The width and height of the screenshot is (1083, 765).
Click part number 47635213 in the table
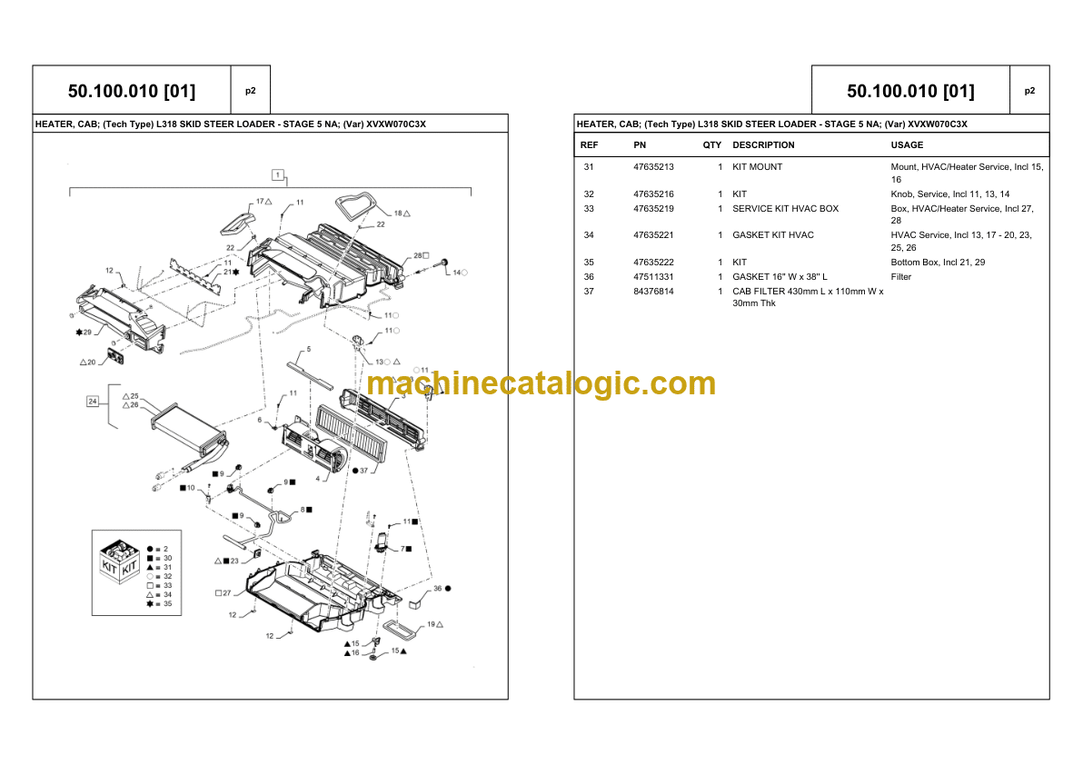[653, 167]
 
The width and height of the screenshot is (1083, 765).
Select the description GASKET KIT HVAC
[773, 235]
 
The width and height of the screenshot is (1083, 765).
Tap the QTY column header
[712, 145]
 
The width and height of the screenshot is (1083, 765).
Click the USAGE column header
[907, 145]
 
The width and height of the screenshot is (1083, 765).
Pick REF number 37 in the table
[589, 292]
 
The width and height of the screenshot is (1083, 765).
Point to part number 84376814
[653, 292]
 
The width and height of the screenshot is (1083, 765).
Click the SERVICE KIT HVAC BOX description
[785, 208]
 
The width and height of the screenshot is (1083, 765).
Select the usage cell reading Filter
[900, 277]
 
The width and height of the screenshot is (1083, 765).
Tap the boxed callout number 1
[278, 174]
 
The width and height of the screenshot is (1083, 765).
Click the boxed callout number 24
[93, 402]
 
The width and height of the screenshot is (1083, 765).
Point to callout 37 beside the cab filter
[361, 471]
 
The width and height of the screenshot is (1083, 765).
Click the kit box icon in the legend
[120, 561]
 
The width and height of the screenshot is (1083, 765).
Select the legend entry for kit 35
[159, 603]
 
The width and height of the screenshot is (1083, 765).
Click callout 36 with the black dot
[442, 589]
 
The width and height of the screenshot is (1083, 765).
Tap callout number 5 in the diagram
[309, 350]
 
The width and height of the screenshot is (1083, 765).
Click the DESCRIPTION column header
[763, 145]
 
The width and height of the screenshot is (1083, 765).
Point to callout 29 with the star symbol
[84, 333]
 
